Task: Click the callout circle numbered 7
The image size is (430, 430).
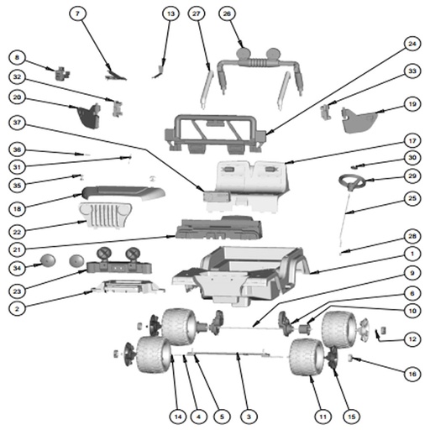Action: [x=77, y=13]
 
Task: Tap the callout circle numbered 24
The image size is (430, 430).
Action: [x=412, y=44]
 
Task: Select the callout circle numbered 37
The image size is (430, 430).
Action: [x=17, y=123]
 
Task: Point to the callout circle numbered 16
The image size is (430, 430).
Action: [x=412, y=374]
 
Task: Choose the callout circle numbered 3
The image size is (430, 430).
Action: [x=249, y=417]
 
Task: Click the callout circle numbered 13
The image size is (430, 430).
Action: [x=170, y=13]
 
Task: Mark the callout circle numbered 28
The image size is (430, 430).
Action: [x=412, y=236]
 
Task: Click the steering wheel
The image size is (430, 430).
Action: [x=352, y=181]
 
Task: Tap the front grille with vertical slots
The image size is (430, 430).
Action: [x=106, y=215]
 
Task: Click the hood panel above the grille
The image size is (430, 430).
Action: [x=123, y=192]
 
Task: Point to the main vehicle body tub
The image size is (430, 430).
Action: [x=241, y=275]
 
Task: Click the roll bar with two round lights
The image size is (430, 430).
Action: [x=260, y=70]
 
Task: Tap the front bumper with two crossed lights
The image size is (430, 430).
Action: [x=118, y=261]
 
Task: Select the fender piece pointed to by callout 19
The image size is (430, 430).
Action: [x=359, y=120]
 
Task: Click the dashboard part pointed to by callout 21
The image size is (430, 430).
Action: [x=219, y=228]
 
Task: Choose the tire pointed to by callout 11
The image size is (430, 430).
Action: [x=307, y=357]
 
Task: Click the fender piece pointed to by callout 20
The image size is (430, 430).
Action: [x=89, y=116]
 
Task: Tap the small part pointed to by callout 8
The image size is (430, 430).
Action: [x=62, y=73]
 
